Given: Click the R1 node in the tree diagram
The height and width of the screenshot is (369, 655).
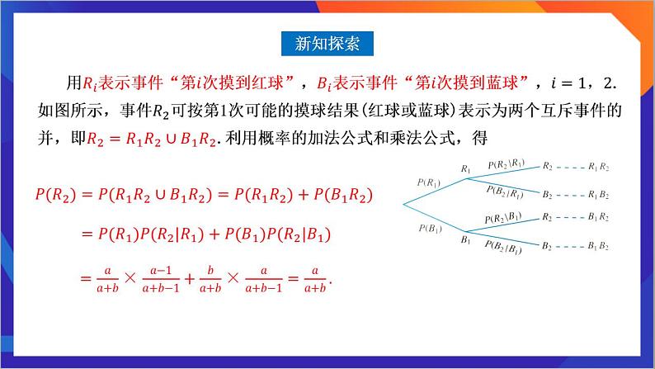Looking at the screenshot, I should click(466, 169).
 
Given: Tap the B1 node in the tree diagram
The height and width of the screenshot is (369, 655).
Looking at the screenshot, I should click(466, 240).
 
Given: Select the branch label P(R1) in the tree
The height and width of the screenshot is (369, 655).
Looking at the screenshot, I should click(429, 182).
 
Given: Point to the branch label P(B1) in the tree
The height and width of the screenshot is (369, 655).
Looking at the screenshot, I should click(429, 228).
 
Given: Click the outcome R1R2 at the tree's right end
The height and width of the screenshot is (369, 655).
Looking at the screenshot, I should click(599, 167).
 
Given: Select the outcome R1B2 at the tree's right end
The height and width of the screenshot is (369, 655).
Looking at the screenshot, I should click(599, 195).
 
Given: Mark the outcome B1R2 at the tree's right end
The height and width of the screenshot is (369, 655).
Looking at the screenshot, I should click(599, 217).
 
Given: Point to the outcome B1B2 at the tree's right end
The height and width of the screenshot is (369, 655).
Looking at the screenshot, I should click(599, 246).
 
